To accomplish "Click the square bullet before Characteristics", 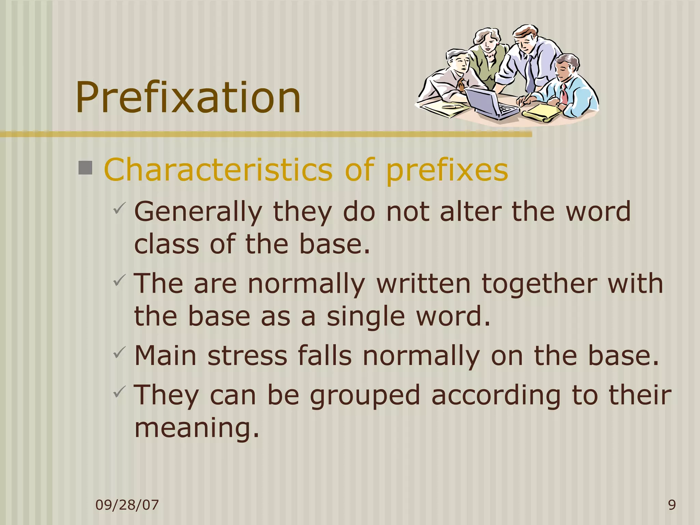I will [85, 168].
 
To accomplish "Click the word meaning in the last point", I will [197, 428].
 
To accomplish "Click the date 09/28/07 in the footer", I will [127, 505].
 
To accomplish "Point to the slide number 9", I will [672, 505].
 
